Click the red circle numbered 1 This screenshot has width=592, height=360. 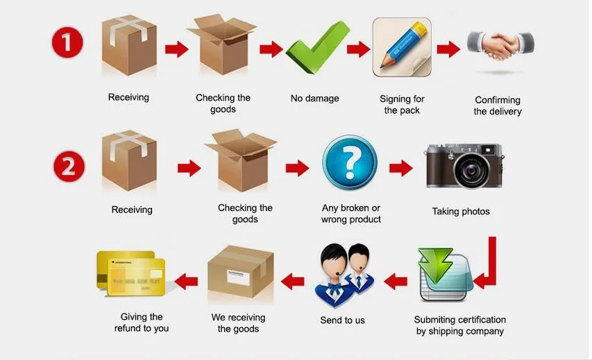[67, 43]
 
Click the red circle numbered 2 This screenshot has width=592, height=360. [69, 167]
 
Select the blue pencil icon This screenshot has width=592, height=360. [402, 46]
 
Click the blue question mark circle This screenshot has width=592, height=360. [350, 163]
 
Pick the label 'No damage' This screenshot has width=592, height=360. [314, 98]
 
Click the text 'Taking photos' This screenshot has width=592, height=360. [461, 212]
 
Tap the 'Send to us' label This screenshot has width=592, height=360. [342, 320]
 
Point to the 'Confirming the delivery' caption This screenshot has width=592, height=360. [498, 105]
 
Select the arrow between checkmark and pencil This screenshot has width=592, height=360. [358, 49]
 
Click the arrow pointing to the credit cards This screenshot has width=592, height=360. [186, 281]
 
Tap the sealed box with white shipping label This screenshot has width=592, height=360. [242, 273]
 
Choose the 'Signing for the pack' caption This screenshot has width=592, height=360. [402, 105]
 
